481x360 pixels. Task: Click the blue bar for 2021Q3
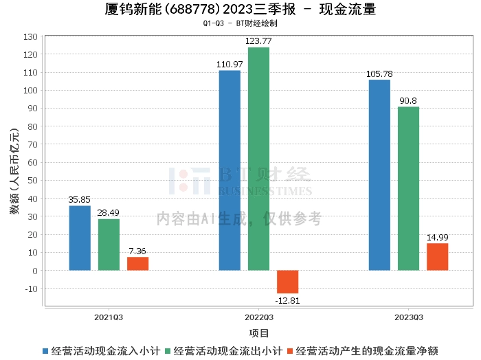[x=80, y=238]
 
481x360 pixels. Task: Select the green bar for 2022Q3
[x=258, y=159]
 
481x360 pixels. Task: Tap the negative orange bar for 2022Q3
[x=287, y=282]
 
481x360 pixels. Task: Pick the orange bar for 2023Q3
[x=437, y=256]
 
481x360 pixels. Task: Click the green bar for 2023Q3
[x=408, y=188]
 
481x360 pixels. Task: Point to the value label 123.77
[x=259, y=41]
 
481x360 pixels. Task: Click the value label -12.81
[x=287, y=300]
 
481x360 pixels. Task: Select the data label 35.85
[x=80, y=200]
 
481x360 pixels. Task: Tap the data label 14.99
[x=437, y=237]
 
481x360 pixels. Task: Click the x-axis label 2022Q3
[x=259, y=317]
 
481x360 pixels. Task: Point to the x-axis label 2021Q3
[x=109, y=317]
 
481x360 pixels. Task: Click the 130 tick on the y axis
[x=31, y=36]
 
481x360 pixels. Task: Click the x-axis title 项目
[x=259, y=333]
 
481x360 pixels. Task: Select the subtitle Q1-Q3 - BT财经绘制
[x=240, y=23]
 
